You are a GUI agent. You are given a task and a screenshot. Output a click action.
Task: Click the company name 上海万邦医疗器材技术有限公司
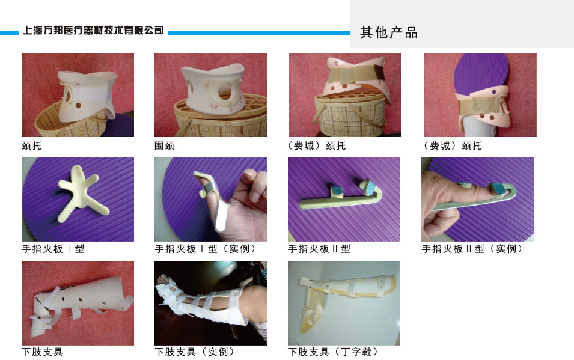93,30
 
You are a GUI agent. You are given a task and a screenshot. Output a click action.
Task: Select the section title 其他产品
389,32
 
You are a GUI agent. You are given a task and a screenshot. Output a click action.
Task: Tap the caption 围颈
164,146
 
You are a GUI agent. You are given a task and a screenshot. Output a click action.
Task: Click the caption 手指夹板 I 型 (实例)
205,249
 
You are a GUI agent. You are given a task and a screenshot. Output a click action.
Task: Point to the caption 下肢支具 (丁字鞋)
333,352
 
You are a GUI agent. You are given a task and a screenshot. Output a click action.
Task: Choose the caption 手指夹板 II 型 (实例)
472,249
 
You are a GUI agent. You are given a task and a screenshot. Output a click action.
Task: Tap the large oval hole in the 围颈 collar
225,91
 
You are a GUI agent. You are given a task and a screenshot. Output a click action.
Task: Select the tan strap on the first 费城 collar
355,76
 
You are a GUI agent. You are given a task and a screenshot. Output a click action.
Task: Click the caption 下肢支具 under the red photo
43,352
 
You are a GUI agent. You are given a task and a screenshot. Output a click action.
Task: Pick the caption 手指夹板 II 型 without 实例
319,249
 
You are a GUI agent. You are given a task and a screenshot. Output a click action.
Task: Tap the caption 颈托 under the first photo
32,146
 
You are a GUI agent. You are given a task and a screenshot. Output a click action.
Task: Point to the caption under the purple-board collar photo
453,146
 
